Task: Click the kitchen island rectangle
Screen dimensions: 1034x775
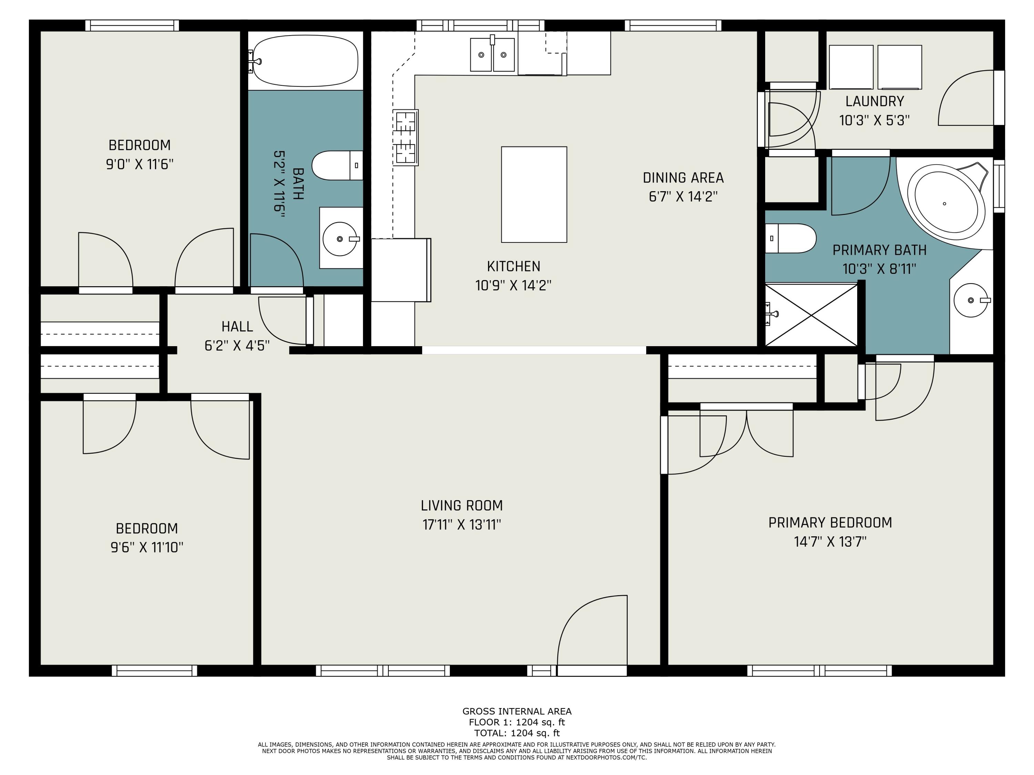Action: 534,194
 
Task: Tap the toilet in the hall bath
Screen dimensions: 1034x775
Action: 337,165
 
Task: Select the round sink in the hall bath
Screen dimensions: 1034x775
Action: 340,239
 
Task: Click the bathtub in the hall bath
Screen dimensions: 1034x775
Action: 305,61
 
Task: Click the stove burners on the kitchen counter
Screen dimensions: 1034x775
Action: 406,137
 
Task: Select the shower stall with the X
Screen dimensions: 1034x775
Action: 811,315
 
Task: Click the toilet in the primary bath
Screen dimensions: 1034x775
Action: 790,238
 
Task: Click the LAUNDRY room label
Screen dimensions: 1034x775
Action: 875,101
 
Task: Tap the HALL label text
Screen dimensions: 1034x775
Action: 237,327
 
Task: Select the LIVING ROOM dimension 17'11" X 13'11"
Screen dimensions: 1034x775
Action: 462,525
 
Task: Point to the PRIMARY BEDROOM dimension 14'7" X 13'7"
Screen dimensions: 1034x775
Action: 830,541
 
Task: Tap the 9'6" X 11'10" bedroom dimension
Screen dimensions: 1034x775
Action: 147,547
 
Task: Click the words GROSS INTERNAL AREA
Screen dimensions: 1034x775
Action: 517,712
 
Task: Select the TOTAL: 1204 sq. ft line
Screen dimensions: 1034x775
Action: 517,733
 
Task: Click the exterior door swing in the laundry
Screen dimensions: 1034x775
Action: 966,97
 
